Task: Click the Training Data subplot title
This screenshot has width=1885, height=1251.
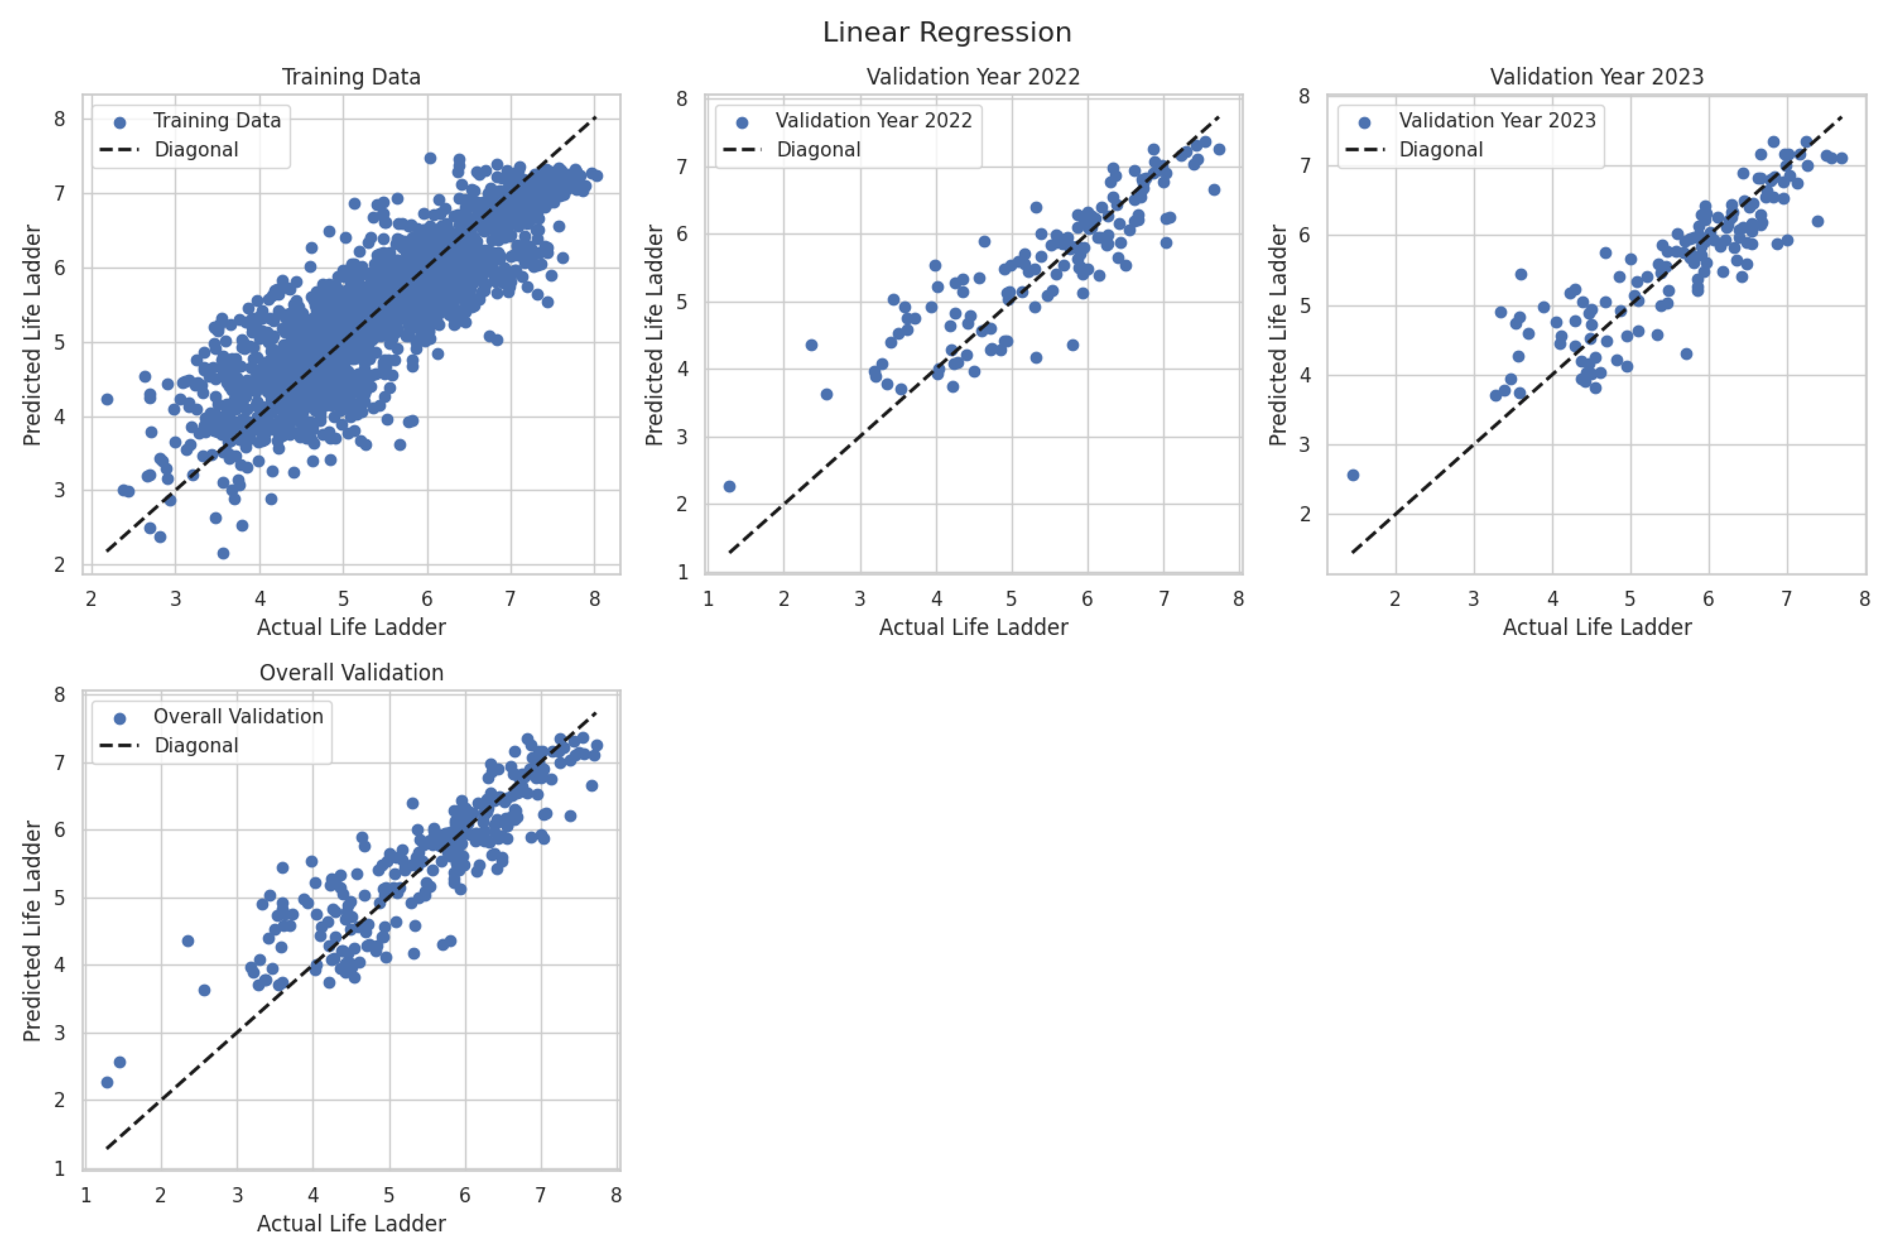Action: (351, 76)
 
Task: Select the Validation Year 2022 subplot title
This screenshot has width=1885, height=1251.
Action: (973, 76)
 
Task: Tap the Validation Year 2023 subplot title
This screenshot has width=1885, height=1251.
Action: (1596, 76)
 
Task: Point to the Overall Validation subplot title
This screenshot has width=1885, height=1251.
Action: (351, 673)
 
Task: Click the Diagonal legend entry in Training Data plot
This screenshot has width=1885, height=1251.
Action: (195, 150)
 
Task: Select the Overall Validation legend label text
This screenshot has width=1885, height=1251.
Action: (238, 717)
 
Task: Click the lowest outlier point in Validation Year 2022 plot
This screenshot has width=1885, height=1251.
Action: (729, 487)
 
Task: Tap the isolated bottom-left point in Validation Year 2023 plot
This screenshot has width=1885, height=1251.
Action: (1353, 475)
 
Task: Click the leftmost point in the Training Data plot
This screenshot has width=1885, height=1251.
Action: (107, 399)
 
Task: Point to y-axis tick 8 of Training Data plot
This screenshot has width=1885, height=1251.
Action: (60, 119)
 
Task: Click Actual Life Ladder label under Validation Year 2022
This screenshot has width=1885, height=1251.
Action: (973, 628)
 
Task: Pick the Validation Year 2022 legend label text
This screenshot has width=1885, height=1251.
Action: (874, 120)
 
